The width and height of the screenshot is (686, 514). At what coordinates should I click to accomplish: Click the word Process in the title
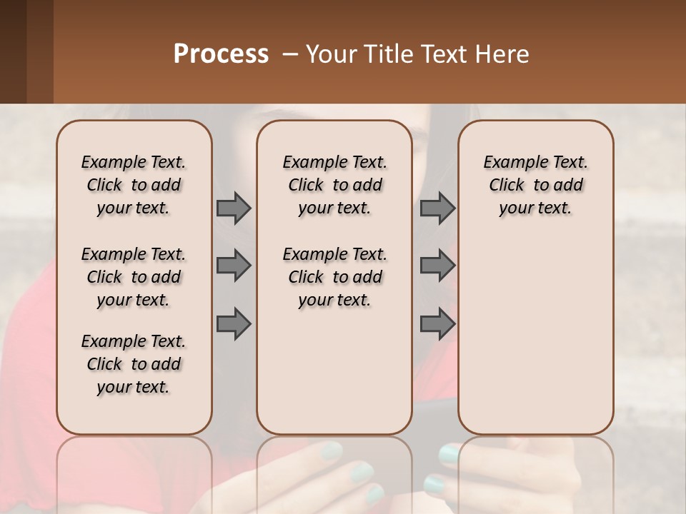pyautogui.click(x=221, y=54)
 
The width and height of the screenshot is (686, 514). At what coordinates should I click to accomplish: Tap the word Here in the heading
pyautogui.click(x=502, y=54)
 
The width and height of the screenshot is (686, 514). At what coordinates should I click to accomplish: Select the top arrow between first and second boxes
pyautogui.click(x=234, y=208)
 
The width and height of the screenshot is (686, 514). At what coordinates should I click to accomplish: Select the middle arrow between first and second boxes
pyautogui.click(x=234, y=266)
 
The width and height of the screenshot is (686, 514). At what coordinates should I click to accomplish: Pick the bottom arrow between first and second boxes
pyautogui.click(x=234, y=323)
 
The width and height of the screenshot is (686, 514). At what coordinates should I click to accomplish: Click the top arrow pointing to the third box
pyautogui.click(x=437, y=208)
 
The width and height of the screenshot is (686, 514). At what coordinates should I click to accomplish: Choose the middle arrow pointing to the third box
pyautogui.click(x=437, y=266)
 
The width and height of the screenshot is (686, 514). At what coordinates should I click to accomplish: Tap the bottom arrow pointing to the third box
pyautogui.click(x=437, y=323)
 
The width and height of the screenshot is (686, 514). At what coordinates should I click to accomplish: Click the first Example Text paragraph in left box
pyautogui.click(x=134, y=185)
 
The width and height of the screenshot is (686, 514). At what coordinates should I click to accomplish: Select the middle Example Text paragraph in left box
pyautogui.click(x=134, y=277)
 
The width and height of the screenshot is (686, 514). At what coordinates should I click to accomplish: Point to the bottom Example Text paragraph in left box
pyautogui.click(x=134, y=364)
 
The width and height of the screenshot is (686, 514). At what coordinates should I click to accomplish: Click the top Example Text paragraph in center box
pyautogui.click(x=334, y=185)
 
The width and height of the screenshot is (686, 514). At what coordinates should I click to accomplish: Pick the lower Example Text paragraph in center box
pyautogui.click(x=334, y=277)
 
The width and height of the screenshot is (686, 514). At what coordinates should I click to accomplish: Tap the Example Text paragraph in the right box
pyautogui.click(x=535, y=185)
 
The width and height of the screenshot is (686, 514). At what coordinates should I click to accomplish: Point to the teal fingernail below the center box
pyautogui.click(x=331, y=450)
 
